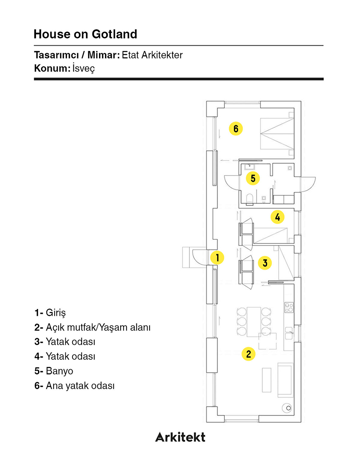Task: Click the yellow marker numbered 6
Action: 236,129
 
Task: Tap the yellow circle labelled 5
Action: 253,178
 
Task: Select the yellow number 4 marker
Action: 277,217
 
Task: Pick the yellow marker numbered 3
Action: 265,263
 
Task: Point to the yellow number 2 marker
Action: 248,354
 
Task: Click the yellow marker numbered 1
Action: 217,257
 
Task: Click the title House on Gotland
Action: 85,34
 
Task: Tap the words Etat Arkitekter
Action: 152,55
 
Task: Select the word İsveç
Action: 83,68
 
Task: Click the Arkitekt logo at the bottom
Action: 180,437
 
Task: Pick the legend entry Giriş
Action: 55,313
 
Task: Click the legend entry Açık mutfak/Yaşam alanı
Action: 98,327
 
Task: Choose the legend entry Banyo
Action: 59,371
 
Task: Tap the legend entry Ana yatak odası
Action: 80,386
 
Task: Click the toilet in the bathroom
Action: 250,199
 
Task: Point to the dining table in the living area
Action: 254,322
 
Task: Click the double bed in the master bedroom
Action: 277,134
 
